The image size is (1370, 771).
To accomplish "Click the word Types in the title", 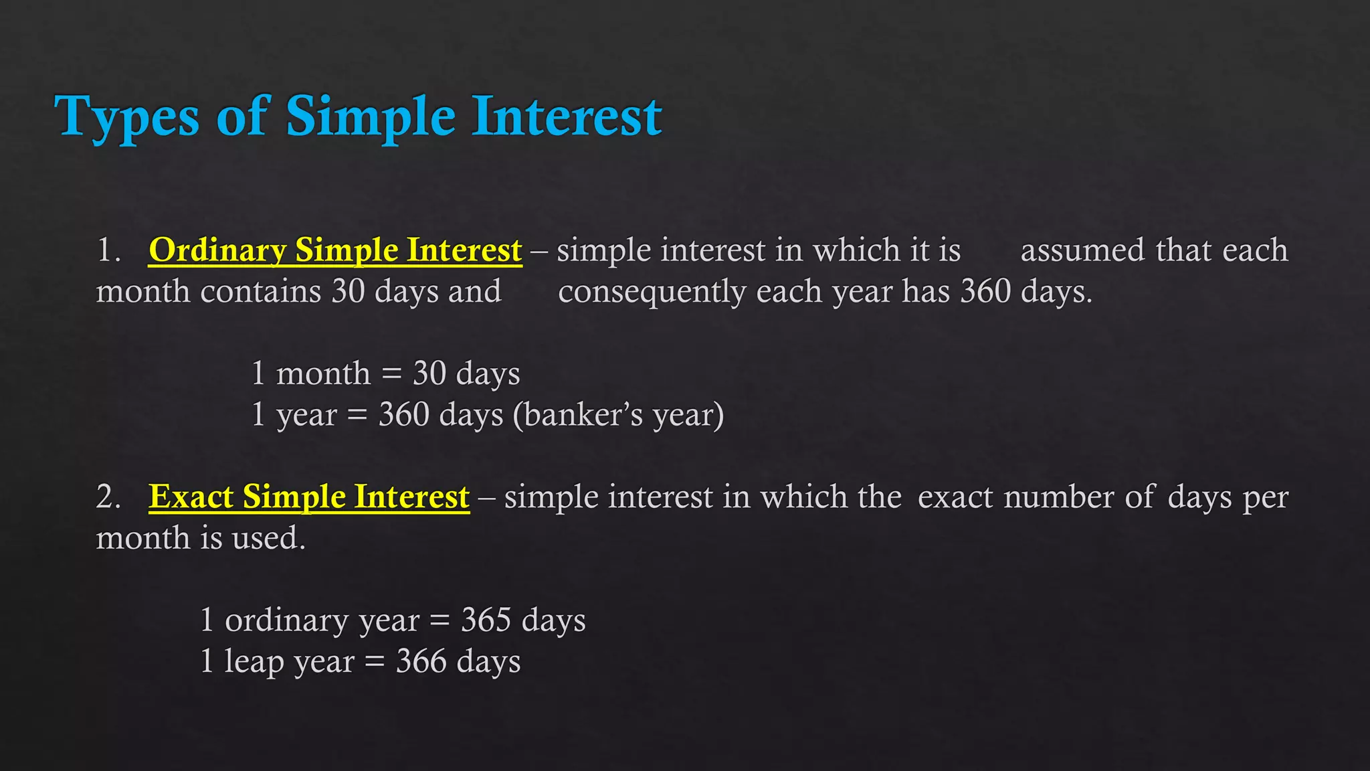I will [x=126, y=118].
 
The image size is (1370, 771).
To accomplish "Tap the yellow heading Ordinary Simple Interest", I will [x=335, y=250].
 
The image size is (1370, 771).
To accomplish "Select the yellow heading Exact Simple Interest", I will [x=309, y=497].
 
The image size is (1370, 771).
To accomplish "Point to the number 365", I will [x=486, y=620].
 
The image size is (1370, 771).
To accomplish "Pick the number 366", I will [x=421, y=661].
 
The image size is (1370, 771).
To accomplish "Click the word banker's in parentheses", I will [x=579, y=414].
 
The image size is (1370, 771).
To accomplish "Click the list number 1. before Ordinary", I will [x=108, y=250].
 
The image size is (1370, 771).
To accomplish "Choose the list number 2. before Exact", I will [x=108, y=497].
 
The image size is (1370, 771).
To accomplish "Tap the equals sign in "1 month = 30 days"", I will [x=391, y=374].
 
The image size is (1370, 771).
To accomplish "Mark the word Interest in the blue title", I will [x=567, y=116].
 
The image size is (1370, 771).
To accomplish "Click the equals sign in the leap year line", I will [x=375, y=662].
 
